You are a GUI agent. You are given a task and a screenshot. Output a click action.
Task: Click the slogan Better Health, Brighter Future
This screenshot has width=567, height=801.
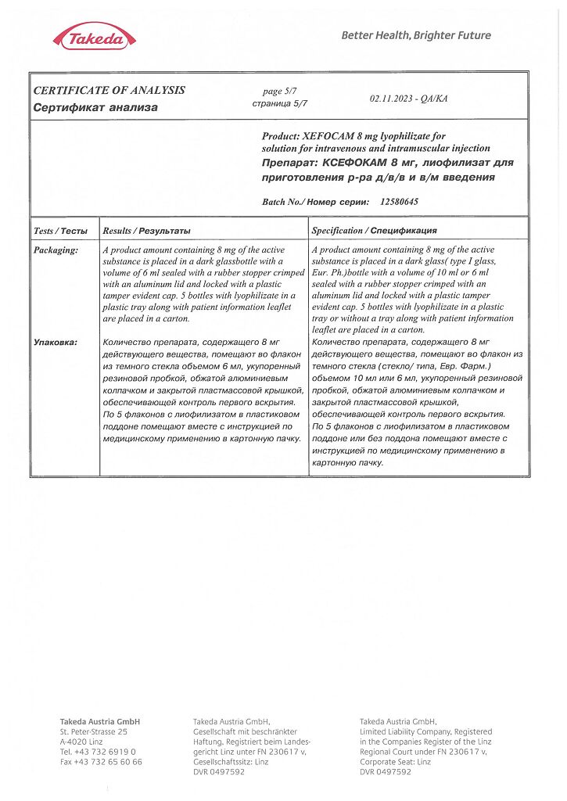click(x=416, y=35)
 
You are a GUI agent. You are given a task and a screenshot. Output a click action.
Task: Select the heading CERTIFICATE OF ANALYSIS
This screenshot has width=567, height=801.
click(x=109, y=90)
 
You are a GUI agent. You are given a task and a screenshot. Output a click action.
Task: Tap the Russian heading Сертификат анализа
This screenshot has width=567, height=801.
click(x=95, y=107)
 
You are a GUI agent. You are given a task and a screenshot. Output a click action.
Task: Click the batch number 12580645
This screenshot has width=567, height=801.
click(x=399, y=202)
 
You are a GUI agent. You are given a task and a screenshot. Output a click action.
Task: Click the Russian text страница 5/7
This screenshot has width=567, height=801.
click(x=280, y=102)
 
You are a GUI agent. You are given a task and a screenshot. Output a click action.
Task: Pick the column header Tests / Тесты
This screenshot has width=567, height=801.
click(x=60, y=231)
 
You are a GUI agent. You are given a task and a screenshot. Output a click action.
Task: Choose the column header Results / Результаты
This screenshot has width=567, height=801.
click(x=146, y=231)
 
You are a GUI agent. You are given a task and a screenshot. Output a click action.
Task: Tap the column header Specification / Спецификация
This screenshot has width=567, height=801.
click(x=374, y=231)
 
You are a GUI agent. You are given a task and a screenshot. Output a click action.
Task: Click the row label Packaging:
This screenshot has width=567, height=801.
click(x=56, y=250)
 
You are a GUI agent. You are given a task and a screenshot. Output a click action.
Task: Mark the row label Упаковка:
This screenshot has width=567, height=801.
click(x=56, y=343)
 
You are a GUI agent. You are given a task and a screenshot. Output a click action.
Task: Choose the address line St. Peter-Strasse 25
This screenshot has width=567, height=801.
click(x=93, y=731)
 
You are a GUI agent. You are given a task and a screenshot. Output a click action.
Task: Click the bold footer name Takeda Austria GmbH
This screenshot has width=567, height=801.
click(x=100, y=721)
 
